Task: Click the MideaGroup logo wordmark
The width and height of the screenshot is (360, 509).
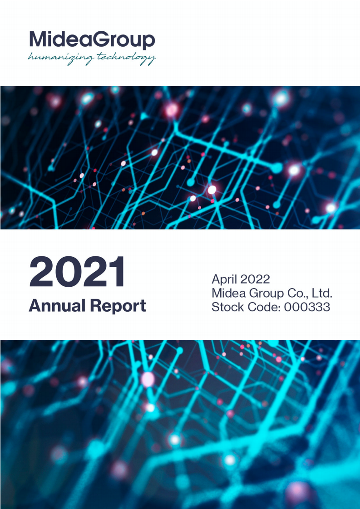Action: click(92, 40)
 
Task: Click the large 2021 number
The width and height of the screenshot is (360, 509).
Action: click(77, 273)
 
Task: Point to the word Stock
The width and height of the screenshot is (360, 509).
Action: click(227, 307)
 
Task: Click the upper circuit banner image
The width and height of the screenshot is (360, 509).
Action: click(180, 157)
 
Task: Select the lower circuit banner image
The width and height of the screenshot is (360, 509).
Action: click(180, 424)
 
